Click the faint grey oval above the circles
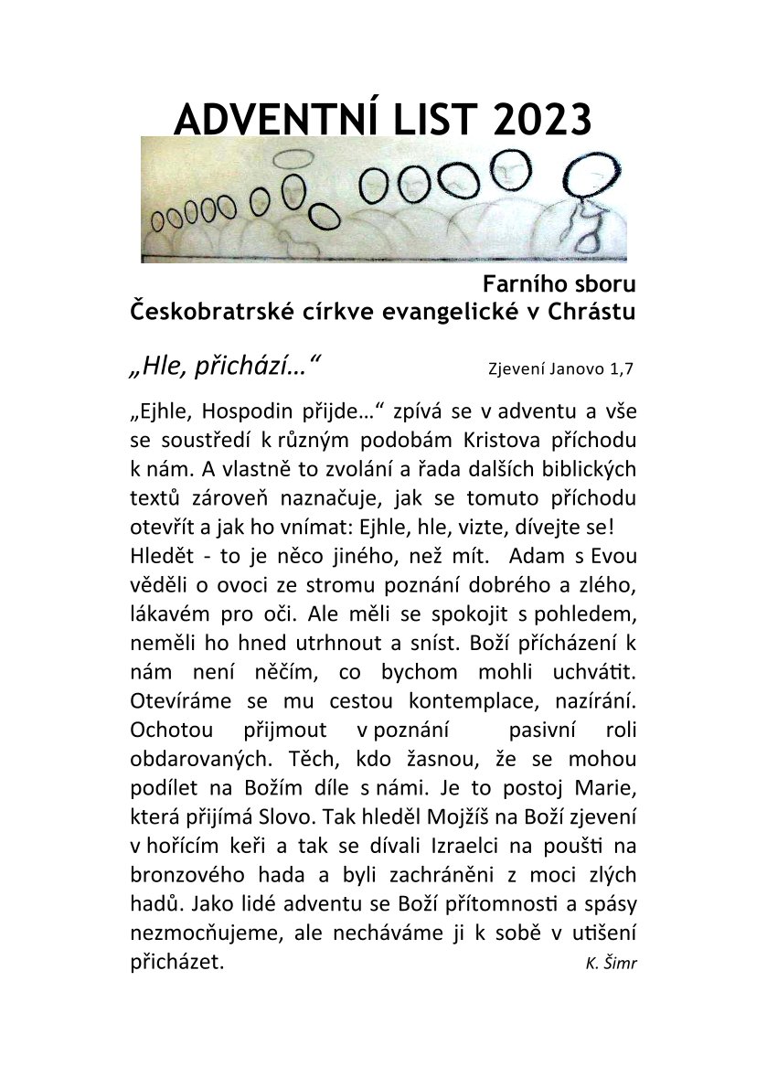click(293, 157)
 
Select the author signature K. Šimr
click(612, 964)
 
